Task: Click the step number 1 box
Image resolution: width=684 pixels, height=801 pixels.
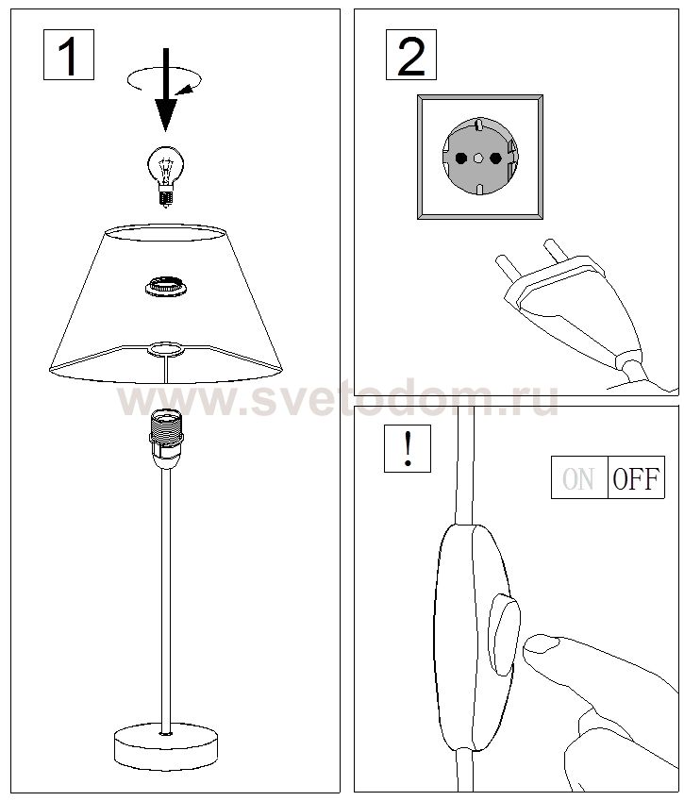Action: [69, 55]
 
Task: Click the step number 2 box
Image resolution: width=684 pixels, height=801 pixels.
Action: [410, 55]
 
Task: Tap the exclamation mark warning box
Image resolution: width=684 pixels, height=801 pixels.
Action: [408, 448]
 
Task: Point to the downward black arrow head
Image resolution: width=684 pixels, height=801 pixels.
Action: [165, 114]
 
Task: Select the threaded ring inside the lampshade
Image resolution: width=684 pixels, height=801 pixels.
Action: [165, 286]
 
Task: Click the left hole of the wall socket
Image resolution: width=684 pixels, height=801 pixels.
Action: [460, 158]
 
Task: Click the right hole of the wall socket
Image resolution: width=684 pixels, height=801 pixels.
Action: [495, 158]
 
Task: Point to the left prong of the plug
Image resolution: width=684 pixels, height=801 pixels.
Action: [508, 268]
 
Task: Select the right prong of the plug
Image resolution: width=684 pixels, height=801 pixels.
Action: [557, 251]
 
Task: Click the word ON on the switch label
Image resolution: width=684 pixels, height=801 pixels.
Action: [577, 479]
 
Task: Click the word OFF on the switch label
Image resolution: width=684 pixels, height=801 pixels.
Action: [636, 478]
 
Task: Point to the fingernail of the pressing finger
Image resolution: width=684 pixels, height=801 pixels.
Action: [542, 644]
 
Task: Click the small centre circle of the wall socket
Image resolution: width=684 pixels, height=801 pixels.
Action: [477, 159]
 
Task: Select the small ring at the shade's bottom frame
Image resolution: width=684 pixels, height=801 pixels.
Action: [165, 349]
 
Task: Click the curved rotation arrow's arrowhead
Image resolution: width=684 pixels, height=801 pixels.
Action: [185, 90]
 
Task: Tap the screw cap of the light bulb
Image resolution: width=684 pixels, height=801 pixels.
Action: [165, 196]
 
